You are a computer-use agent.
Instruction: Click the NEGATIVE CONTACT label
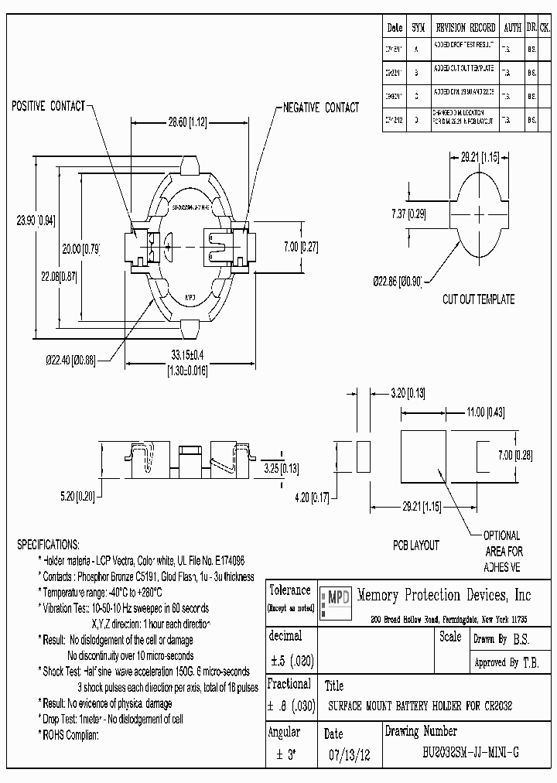[x=321, y=108]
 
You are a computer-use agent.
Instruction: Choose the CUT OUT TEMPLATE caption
[x=478, y=299]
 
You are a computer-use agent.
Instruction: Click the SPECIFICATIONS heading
[x=48, y=545]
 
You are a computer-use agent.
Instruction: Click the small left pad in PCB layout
[x=363, y=455]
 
